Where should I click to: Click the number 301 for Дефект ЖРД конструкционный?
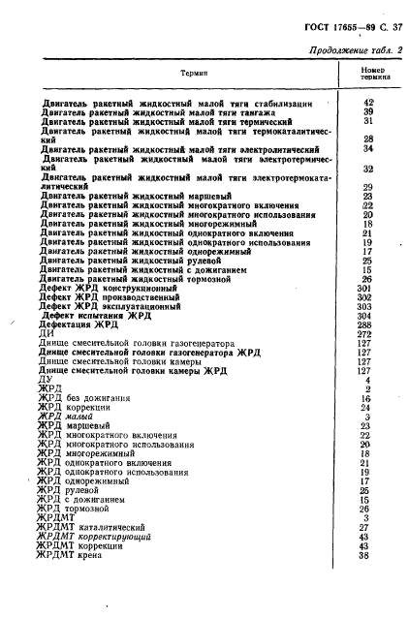coord(364,288)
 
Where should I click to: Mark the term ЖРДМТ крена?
coord(75,555)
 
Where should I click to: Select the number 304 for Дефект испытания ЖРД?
coord(364,315)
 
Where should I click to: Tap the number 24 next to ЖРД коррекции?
coord(366,407)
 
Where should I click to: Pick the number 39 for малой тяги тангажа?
coord(367,111)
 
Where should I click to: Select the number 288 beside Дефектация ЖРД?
coord(364,324)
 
